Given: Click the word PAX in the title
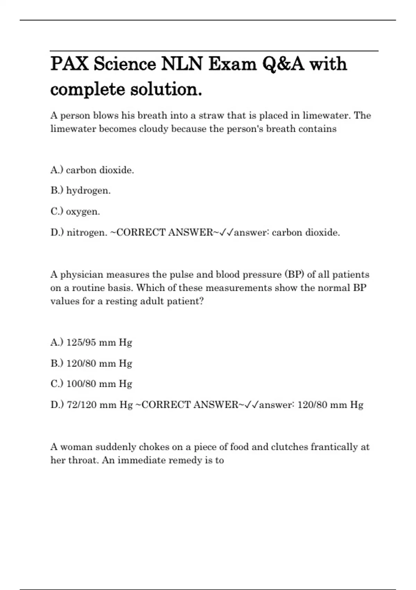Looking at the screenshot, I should click(x=69, y=64).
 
